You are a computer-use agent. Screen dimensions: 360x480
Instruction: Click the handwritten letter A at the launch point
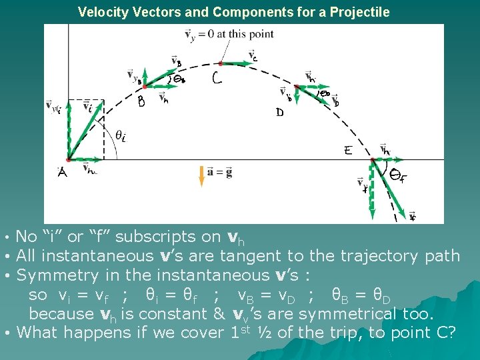pos(63,173)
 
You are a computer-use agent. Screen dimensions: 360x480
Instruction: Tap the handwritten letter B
pos(141,102)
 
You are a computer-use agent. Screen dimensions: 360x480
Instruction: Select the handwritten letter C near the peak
pos(217,79)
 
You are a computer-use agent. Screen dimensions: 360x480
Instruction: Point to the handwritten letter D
pos(280,113)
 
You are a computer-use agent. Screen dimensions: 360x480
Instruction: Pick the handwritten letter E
pos(348,151)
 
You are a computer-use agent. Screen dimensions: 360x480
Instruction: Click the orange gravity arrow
pos(201,176)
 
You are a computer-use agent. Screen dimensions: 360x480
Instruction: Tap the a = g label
pos(219,171)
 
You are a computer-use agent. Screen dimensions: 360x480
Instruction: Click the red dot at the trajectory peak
pos(221,63)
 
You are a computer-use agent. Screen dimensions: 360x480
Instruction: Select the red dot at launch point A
pos(69,159)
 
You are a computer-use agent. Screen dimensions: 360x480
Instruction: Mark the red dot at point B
pos(144,85)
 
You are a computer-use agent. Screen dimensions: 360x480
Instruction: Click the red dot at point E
pos(373,159)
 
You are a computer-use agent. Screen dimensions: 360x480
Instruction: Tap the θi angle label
pos(121,135)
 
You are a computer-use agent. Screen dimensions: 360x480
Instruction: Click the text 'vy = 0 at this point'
pos(214,33)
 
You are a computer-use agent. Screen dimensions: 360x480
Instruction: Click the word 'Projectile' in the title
pos(360,12)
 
